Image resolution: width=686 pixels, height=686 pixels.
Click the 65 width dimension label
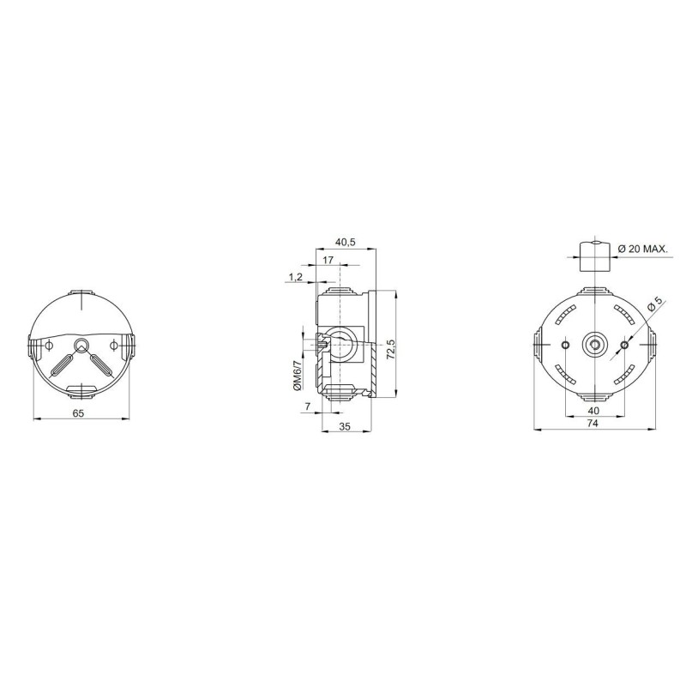pyautogui.click(x=78, y=412)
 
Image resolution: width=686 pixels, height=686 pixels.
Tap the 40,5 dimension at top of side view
pyautogui.click(x=346, y=243)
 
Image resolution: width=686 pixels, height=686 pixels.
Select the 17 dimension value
pyautogui.click(x=329, y=259)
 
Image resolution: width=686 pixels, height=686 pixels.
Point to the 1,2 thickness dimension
pyautogui.click(x=295, y=276)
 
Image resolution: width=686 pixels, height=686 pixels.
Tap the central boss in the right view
pyautogui.click(x=593, y=345)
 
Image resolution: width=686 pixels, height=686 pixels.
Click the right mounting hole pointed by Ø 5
pyautogui.click(x=623, y=345)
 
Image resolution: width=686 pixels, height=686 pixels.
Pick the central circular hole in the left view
pyautogui.click(x=81, y=345)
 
